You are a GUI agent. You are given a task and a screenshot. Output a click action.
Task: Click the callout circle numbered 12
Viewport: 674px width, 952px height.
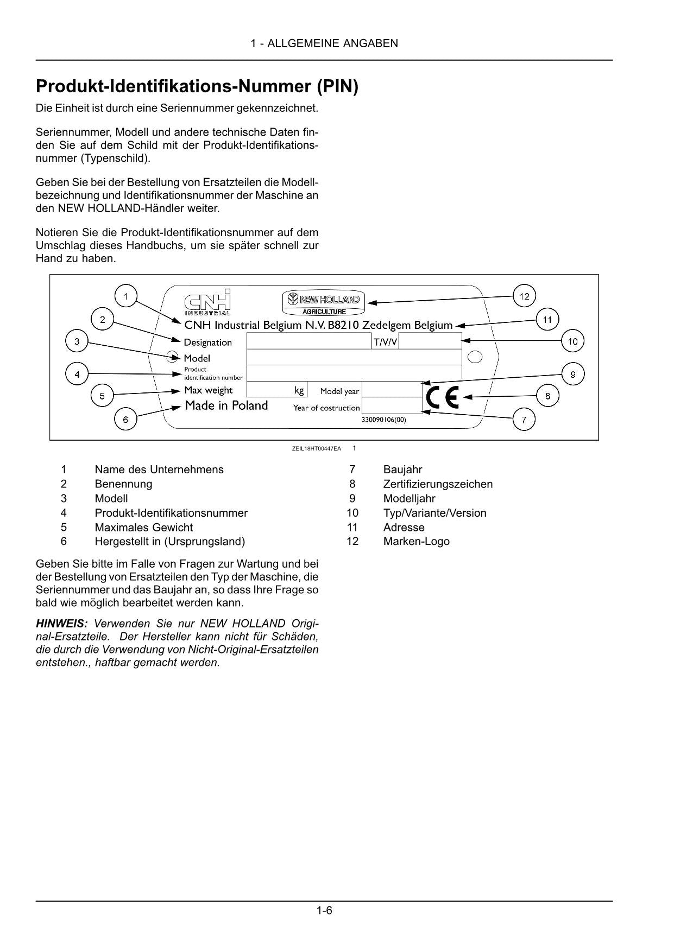tap(524, 296)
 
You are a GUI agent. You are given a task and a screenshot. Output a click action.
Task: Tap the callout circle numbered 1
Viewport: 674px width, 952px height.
tap(125, 296)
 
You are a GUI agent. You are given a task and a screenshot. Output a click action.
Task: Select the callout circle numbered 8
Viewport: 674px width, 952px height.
tap(547, 396)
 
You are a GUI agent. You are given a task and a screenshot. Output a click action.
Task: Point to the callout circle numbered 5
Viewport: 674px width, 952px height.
tap(102, 396)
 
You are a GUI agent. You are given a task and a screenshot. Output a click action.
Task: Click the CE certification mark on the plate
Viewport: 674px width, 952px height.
tap(442, 397)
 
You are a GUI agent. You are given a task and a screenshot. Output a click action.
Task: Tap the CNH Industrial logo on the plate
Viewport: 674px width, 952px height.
tap(207, 302)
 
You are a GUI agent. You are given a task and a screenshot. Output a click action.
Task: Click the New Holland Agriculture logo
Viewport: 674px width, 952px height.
tap(324, 303)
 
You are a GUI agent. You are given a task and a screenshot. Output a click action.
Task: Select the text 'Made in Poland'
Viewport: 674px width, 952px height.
tap(226, 405)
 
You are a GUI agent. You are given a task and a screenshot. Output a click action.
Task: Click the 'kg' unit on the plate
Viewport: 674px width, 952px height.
tap(299, 390)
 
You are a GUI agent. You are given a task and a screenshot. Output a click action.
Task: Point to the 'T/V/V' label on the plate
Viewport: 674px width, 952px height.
tap(385, 342)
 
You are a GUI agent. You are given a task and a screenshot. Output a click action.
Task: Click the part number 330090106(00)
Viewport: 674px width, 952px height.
tap(383, 420)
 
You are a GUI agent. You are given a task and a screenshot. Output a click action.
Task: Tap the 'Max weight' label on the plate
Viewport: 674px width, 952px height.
tap(208, 390)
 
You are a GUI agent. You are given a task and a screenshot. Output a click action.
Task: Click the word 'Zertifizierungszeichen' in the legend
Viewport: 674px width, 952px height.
tap(438, 484)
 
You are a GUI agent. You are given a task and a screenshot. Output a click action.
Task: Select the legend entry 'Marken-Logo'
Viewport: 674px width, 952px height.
tap(416, 541)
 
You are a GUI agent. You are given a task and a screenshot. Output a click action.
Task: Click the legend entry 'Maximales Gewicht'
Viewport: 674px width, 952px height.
tap(143, 527)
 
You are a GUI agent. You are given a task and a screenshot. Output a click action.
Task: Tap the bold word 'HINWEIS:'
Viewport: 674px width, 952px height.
tap(61, 623)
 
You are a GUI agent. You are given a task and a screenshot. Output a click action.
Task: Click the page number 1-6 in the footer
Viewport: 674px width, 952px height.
tap(324, 910)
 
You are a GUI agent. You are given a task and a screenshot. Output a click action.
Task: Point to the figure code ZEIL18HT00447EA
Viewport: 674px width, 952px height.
tap(316, 448)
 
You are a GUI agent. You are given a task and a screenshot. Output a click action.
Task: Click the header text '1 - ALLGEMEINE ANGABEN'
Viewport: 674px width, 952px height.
tap(324, 43)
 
